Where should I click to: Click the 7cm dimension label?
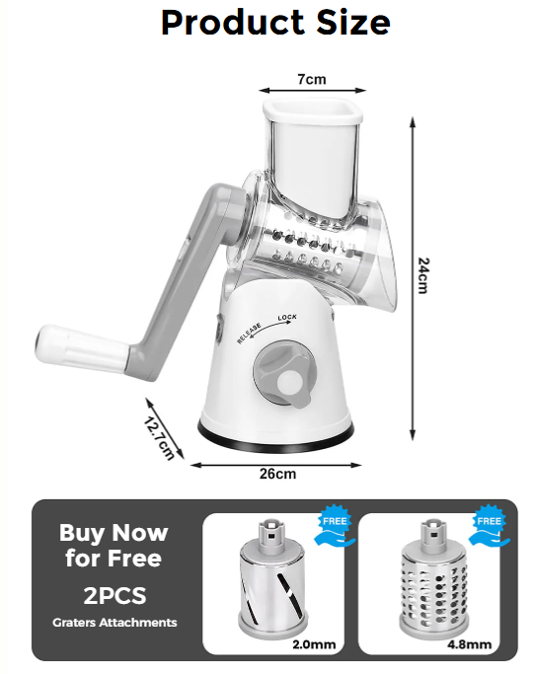312,79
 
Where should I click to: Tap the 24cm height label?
423,275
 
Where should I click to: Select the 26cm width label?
277,474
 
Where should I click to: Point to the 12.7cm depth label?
159,438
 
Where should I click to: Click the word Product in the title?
233,23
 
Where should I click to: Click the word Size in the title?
353,23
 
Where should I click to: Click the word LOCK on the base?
287,318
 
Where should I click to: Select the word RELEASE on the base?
249,334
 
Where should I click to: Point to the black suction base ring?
275,440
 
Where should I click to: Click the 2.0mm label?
314,644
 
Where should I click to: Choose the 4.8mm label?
470,644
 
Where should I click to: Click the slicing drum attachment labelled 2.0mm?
273,580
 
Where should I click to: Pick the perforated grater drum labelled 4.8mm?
433,580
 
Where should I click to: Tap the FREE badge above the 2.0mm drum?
335,525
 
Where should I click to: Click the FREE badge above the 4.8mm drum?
489,525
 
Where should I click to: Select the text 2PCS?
114,596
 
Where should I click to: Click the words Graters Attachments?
114,623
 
